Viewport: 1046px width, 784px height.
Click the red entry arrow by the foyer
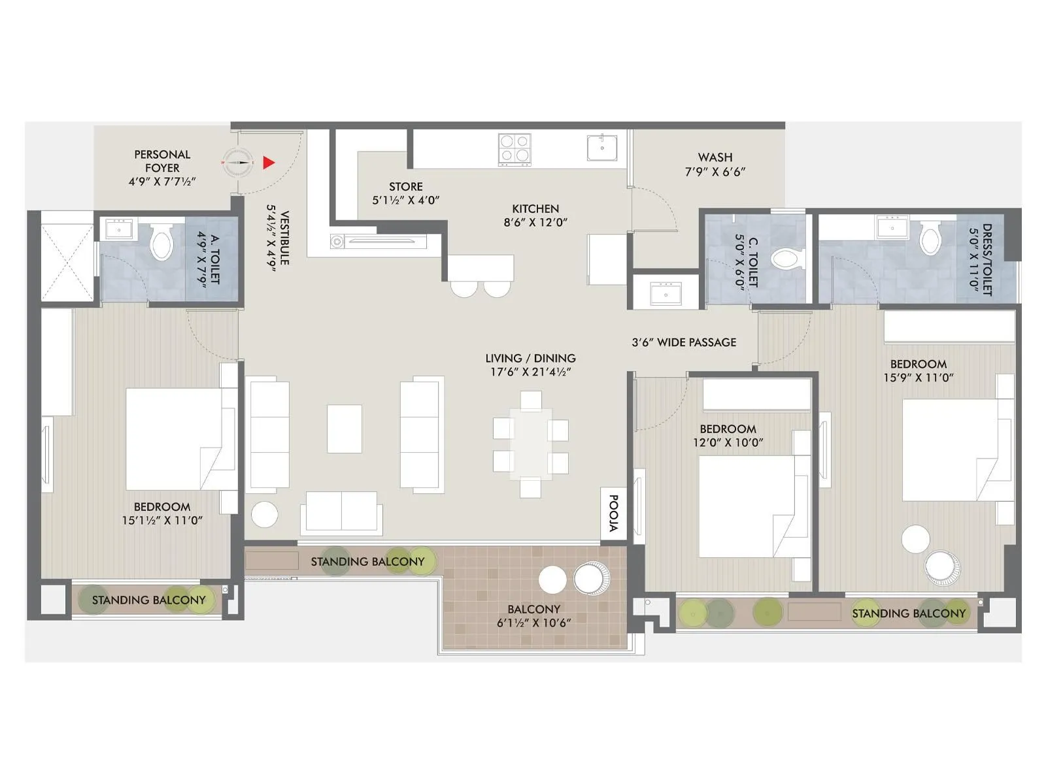click(268, 163)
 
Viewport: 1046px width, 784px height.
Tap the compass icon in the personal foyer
click(237, 161)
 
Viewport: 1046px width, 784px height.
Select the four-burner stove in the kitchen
click(514, 149)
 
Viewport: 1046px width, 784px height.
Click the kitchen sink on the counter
click(601, 148)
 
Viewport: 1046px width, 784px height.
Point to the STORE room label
click(405, 187)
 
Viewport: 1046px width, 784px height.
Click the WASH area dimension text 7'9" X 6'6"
click(715, 172)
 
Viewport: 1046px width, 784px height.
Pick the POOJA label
click(613, 514)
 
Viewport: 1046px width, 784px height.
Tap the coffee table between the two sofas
click(345, 429)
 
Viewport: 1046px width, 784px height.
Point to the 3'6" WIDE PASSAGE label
click(684, 342)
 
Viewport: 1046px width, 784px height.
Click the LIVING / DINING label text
click(530, 359)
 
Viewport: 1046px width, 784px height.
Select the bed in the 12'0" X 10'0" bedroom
click(745, 506)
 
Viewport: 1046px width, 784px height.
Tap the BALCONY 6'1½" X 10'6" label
click(533, 616)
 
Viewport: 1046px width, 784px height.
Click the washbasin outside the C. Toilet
click(666, 294)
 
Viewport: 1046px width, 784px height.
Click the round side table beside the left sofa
click(265, 514)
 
